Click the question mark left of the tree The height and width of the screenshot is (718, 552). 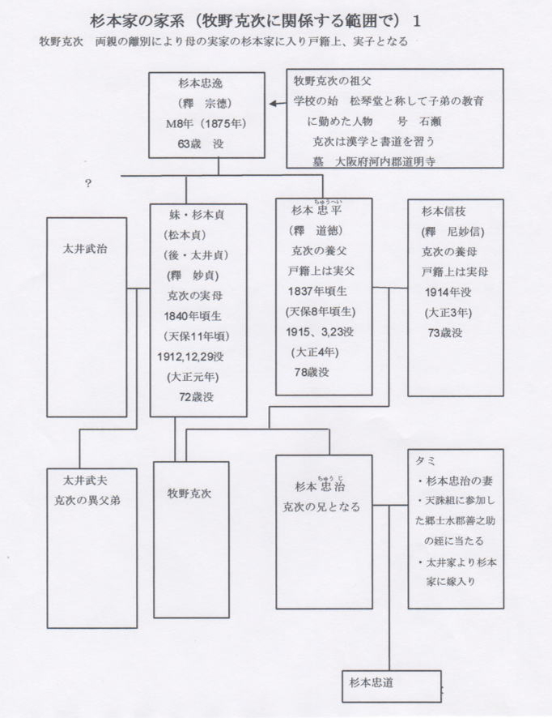click(x=88, y=184)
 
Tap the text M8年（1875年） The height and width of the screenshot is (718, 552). click(x=206, y=124)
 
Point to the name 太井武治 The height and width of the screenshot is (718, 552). click(x=86, y=249)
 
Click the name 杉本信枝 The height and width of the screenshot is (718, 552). click(x=444, y=211)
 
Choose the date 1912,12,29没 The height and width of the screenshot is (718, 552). click(x=190, y=357)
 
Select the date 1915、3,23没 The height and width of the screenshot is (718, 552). click(x=320, y=331)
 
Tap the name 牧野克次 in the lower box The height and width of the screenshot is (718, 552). click(x=189, y=494)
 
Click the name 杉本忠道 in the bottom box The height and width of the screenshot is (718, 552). click(x=372, y=682)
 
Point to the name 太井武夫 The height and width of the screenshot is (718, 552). click(x=86, y=481)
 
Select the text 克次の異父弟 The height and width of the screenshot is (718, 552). click(x=87, y=501)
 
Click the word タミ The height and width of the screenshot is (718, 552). click(x=425, y=460)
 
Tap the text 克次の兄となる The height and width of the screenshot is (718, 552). click(x=321, y=507)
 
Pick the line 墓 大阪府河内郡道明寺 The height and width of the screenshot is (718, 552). click(x=374, y=161)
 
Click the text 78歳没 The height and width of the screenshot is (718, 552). click(x=312, y=372)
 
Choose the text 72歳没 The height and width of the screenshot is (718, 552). click(x=196, y=397)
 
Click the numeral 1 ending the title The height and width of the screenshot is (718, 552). click(x=416, y=21)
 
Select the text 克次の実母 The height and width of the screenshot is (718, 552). click(x=195, y=296)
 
